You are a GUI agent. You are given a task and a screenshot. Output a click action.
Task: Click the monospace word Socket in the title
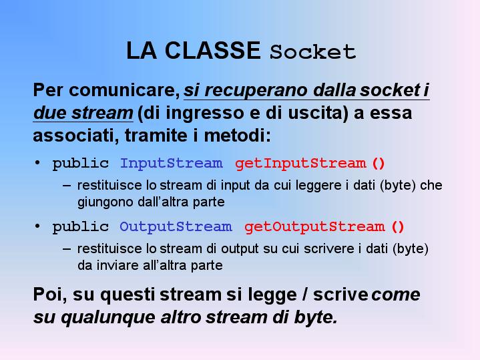312,51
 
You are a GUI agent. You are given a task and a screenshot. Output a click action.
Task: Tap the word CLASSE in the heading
212,50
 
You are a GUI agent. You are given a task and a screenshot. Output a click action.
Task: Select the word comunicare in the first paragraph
124,90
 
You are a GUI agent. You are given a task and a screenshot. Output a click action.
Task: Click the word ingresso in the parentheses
204,113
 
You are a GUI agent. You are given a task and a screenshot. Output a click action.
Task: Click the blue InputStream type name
171,163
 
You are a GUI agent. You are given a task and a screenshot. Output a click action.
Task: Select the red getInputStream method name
300,163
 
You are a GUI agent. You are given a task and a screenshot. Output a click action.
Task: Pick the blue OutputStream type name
176,226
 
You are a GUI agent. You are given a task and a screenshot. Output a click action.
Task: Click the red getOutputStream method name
314,226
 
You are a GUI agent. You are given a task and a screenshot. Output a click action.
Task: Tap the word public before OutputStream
81,227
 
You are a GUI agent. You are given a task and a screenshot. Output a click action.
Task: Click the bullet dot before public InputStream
37,163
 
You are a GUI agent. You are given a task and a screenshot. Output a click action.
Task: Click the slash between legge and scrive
305,295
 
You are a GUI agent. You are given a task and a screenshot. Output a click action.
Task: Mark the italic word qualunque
108,318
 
